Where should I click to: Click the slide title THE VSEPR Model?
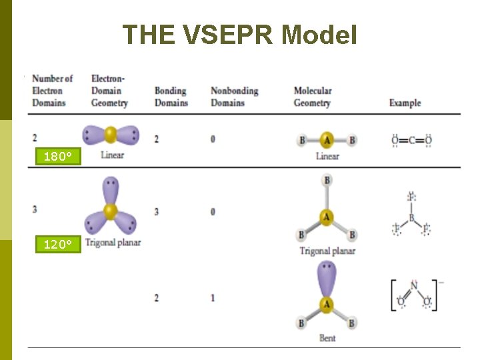click(x=239, y=35)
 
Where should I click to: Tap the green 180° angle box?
click(x=57, y=157)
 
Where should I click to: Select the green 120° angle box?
click(x=57, y=245)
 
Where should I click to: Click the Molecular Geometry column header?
click(x=312, y=97)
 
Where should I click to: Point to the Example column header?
click(x=405, y=103)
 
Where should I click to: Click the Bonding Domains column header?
click(x=171, y=97)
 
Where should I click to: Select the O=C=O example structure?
click(x=411, y=141)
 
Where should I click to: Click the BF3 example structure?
click(x=411, y=215)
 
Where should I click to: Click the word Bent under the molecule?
click(x=327, y=338)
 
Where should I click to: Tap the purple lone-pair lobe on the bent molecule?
click(x=327, y=279)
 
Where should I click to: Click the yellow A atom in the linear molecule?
click(x=327, y=140)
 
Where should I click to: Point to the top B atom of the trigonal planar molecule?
click(x=327, y=181)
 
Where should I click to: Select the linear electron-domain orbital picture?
click(x=111, y=135)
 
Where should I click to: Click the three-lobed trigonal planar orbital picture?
click(x=110, y=207)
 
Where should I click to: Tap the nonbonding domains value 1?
click(x=213, y=297)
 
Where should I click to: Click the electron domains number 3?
click(x=35, y=209)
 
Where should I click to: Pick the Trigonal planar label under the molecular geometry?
click(x=327, y=251)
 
